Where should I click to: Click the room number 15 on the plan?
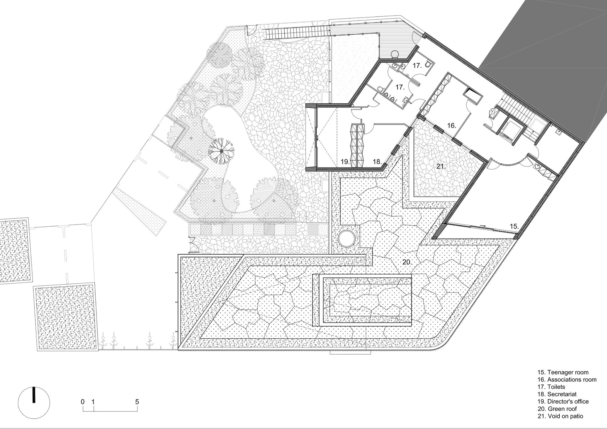click(x=514, y=226)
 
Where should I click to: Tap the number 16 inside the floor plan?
click(x=451, y=125)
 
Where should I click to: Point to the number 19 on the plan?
click(x=345, y=162)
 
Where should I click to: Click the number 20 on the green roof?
click(x=407, y=262)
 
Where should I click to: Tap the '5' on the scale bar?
click(x=137, y=402)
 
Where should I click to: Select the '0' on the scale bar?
click(x=83, y=402)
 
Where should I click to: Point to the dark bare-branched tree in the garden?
click(x=222, y=150)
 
